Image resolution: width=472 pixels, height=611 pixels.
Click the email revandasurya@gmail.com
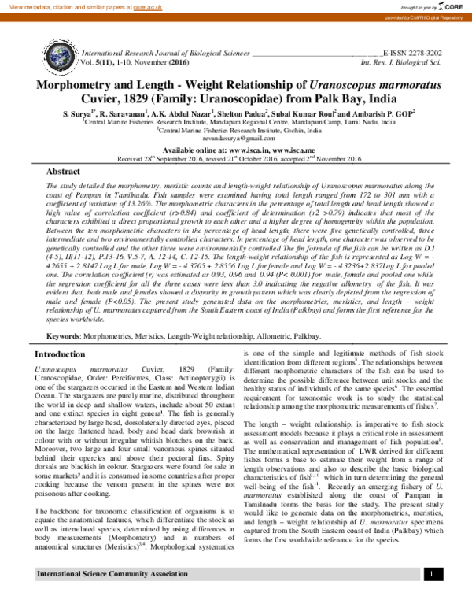click(x=236, y=138)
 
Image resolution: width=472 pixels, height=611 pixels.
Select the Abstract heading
click(x=63, y=171)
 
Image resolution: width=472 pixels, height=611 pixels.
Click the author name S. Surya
click(x=79, y=113)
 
